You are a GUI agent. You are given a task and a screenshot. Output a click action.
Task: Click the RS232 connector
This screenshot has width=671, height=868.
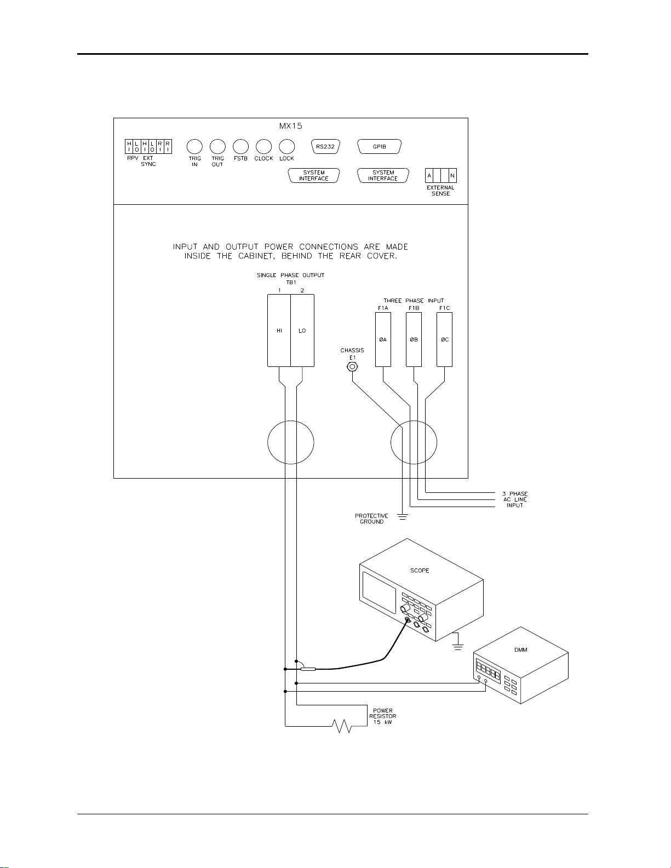[325, 147]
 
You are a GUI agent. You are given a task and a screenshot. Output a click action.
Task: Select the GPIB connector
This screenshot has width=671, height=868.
[380, 147]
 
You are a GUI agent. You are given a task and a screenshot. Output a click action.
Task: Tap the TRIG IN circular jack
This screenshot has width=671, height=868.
[195, 146]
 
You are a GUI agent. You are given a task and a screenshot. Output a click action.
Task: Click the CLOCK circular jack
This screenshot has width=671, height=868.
[263, 146]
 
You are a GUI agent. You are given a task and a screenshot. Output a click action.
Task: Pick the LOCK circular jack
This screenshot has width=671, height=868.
[286, 146]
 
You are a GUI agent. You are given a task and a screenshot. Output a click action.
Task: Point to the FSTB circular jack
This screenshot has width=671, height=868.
[240, 146]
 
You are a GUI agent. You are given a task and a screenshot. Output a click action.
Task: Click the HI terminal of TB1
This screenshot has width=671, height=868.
[279, 330]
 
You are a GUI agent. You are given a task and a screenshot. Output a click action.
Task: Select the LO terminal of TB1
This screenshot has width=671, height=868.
[302, 330]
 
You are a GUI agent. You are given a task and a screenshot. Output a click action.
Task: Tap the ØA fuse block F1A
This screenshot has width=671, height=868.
[383, 339]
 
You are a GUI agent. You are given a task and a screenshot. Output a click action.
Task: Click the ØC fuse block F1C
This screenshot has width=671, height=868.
[444, 339]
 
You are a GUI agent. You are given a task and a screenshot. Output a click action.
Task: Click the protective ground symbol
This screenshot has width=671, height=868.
[403, 515]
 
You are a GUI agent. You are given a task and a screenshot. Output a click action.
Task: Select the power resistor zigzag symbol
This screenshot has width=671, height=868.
[342, 726]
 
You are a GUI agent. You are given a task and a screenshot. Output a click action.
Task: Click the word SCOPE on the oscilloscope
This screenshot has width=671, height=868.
[420, 571]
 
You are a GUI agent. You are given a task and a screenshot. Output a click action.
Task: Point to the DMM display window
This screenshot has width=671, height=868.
[488, 671]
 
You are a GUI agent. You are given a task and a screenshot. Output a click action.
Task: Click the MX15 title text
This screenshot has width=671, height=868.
[290, 126]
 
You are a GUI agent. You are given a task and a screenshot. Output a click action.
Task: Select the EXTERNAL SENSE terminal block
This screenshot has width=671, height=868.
[441, 176]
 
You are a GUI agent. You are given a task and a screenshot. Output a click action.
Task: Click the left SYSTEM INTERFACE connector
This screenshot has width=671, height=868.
[314, 175]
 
